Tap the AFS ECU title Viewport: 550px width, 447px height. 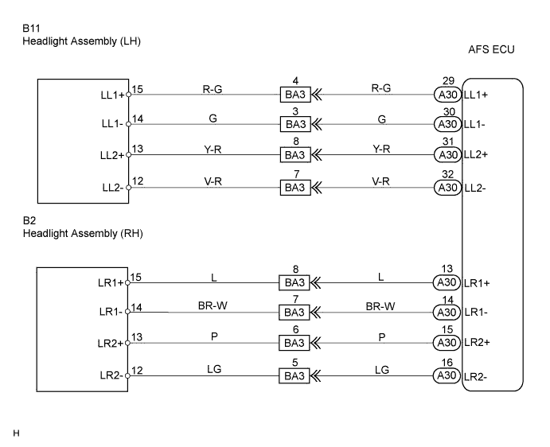click(493, 50)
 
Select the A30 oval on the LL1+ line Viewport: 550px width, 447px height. click(445, 95)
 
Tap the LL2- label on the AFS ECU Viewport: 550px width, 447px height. click(477, 188)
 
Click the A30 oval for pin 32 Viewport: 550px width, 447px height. click(445, 188)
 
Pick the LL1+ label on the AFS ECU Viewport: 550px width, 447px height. click(477, 95)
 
